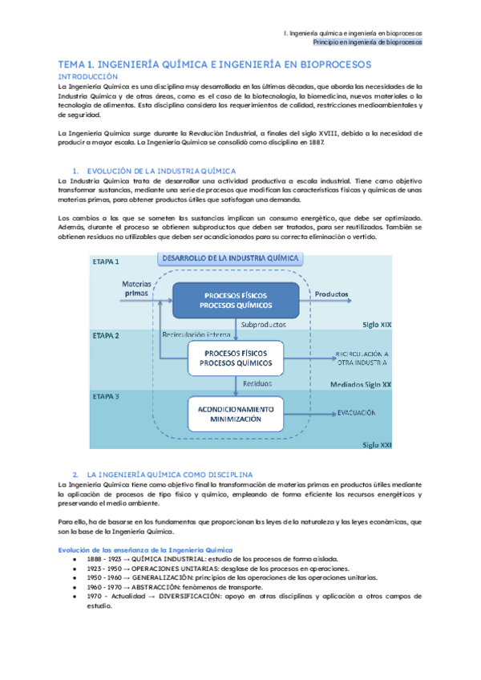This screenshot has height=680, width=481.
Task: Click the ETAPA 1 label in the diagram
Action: (107, 262)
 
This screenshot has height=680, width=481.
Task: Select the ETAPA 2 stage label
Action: (107, 335)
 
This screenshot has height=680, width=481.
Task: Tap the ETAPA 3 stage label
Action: (107, 396)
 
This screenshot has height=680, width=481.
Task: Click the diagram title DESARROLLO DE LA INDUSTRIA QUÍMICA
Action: (231, 258)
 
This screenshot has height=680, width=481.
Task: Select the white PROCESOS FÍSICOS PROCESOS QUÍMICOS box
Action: (236, 358)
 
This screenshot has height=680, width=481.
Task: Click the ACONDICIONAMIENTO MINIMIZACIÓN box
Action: (236, 414)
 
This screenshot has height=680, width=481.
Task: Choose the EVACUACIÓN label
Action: (357, 413)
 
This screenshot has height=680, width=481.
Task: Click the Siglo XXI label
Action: (376, 443)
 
